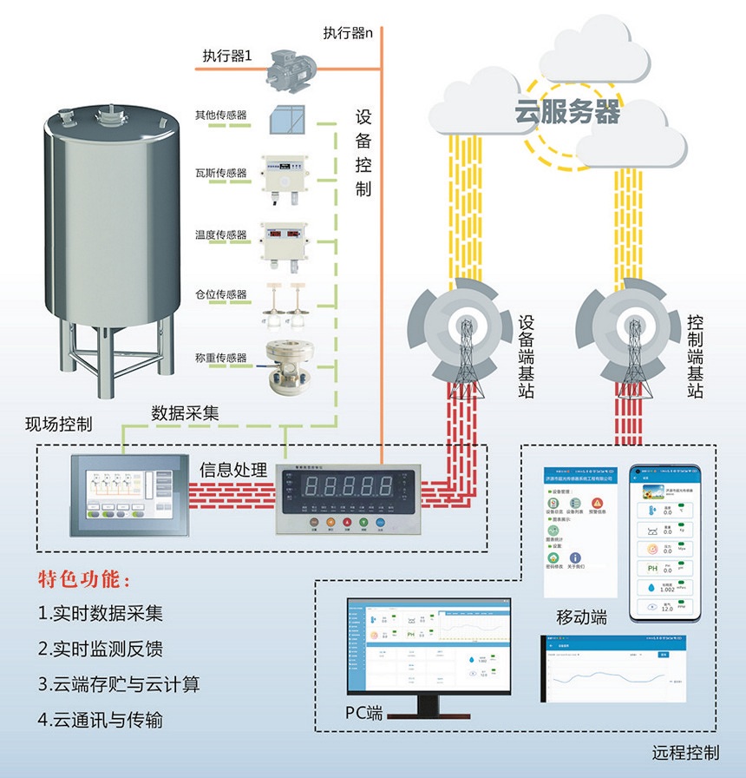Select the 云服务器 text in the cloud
[x=568, y=111]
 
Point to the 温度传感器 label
[x=221, y=235]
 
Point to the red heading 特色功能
[x=85, y=579]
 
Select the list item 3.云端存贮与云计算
[x=119, y=684]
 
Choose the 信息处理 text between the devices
[x=232, y=471]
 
